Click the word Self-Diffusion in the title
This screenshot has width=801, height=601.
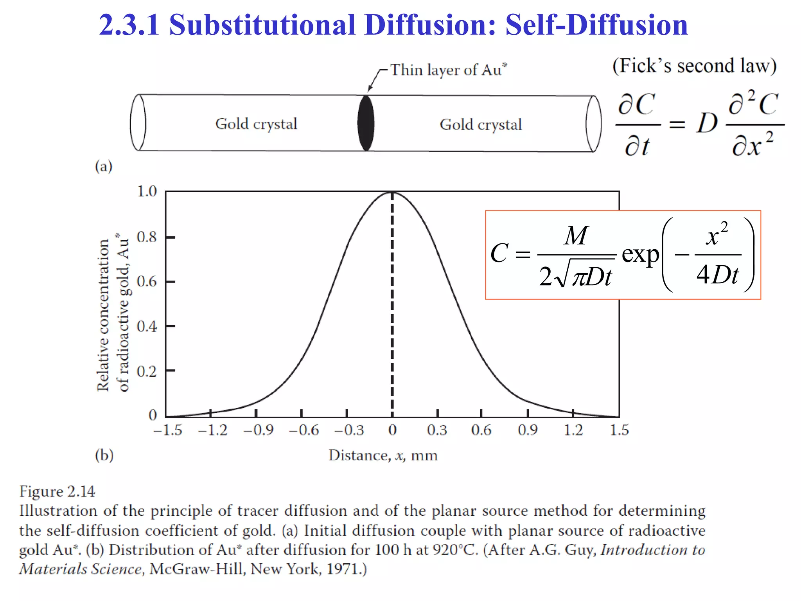596,25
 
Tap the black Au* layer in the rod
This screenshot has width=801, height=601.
366,123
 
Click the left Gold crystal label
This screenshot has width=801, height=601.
256,124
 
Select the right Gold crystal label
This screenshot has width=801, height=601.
481,125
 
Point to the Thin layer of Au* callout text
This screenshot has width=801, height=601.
448,70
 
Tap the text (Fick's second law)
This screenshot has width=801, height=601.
694,66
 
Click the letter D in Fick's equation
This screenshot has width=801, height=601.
707,124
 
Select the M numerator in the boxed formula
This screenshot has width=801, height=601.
575,236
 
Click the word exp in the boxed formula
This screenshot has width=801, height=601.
640,255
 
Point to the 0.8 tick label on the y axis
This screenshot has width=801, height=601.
147,237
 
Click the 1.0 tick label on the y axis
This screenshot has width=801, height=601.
147,191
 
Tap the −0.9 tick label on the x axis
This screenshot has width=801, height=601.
259,430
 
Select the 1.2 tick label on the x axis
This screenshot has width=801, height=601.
573,430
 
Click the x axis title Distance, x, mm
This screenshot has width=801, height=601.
383,455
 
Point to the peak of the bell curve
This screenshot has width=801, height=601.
392,193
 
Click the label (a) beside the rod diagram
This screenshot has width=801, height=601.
104,166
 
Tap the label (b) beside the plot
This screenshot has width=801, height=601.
104,455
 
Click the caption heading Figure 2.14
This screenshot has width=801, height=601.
57,491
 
